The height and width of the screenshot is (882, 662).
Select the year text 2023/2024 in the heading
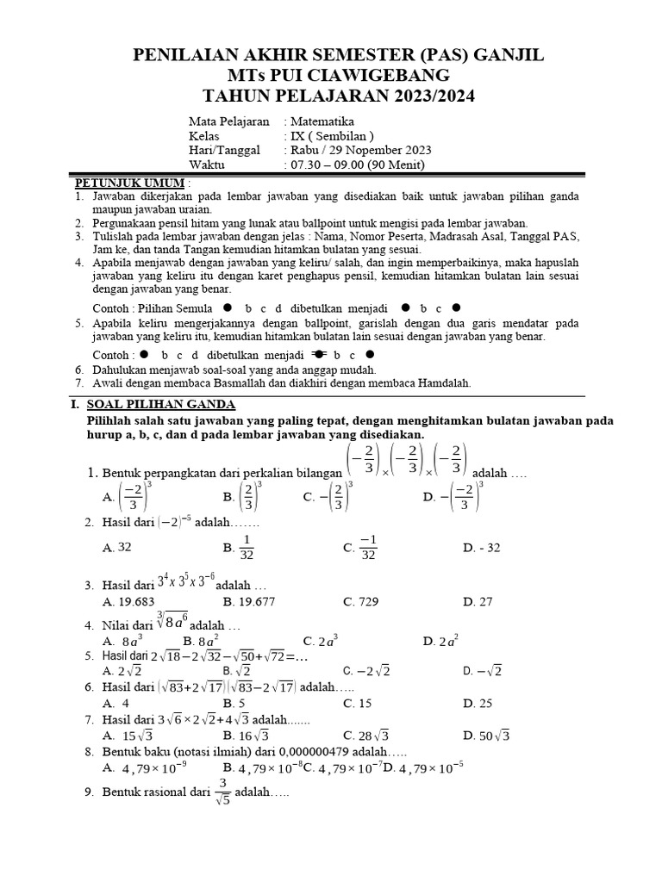[421, 96]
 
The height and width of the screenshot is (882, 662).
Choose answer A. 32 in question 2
[117, 547]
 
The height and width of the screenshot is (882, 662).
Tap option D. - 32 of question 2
[481, 547]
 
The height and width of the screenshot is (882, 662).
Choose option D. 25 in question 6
[477, 703]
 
